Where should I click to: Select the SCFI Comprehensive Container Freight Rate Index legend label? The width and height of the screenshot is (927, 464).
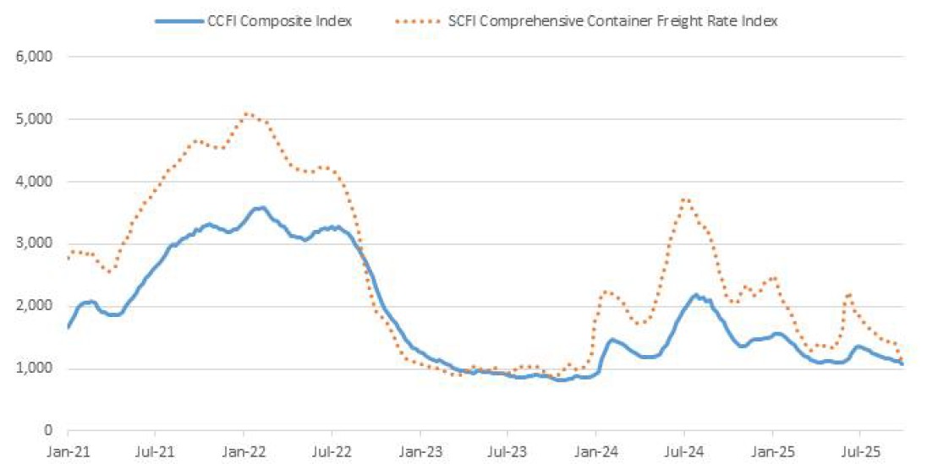click(612, 22)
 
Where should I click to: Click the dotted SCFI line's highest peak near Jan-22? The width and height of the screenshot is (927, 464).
click(246, 113)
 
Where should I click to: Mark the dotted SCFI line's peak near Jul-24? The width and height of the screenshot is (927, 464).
click(685, 199)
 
